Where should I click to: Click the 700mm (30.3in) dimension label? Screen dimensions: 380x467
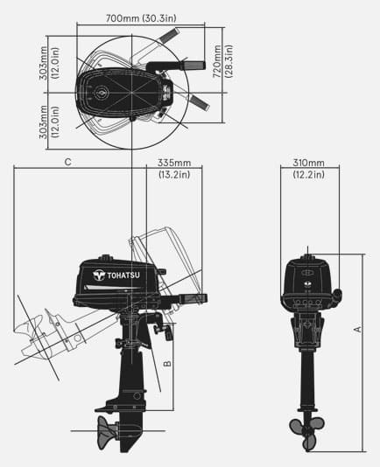[x=141, y=18]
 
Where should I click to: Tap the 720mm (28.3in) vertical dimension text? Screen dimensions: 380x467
[x=222, y=61]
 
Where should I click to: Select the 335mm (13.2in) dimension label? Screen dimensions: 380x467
[x=174, y=169]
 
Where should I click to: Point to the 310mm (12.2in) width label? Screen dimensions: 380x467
[x=308, y=169]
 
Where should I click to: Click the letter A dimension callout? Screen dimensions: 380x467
[x=357, y=329]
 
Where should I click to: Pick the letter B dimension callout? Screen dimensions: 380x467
[x=167, y=363]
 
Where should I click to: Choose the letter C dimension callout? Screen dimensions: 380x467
[x=68, y=162]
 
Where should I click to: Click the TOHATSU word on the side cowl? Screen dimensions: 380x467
[x=123, y=275]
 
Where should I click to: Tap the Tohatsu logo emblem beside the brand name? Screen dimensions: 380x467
[x=98, y=275]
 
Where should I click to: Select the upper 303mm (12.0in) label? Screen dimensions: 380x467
[x=49, y=63]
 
